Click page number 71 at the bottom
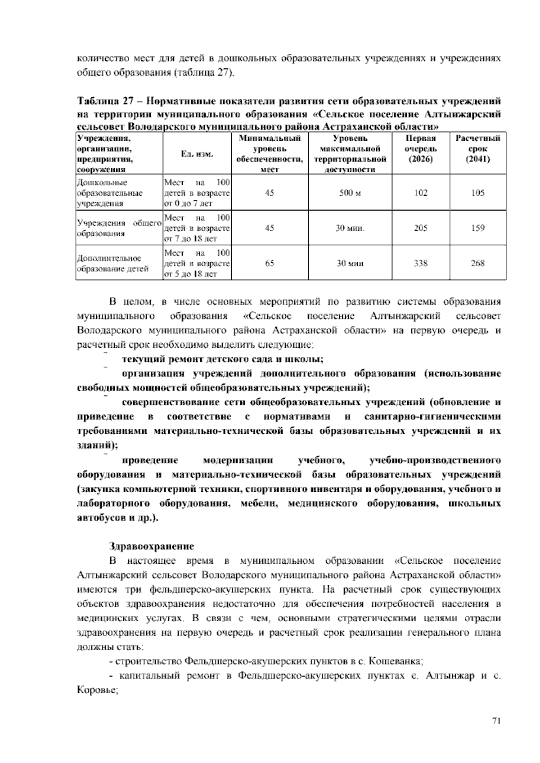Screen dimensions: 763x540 click(496, 720)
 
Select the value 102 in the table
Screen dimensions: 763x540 click(421, 193)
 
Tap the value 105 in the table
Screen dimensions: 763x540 click(478, 193)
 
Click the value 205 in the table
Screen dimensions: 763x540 click(421, 228)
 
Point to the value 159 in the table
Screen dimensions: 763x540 click(478, 228)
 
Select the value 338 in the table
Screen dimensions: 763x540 click(421, 263)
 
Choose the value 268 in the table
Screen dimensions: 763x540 click(478, 263)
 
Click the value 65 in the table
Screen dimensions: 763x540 click(270, 263)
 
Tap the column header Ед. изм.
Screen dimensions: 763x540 click(197, 154)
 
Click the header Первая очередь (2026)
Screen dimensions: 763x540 click(421, 148)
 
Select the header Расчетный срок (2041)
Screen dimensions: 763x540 click(478, 148)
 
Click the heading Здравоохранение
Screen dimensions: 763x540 click(152, 546)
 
